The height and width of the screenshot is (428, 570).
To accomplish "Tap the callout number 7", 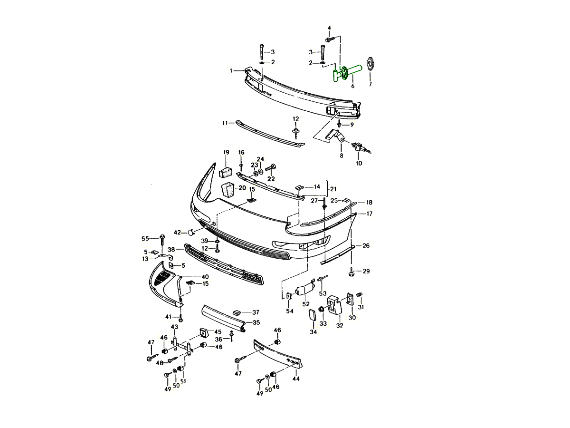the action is (x=370, y=84).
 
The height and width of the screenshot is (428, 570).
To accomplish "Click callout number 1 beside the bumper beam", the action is (x=231, y=71).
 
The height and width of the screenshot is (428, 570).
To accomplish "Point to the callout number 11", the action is (x=225, y=123).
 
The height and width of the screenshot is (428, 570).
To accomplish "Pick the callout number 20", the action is (x=242, y=188).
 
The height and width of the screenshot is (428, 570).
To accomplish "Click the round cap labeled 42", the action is (x=191, y=233).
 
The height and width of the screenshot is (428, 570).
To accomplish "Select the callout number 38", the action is (x=171, y=250).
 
